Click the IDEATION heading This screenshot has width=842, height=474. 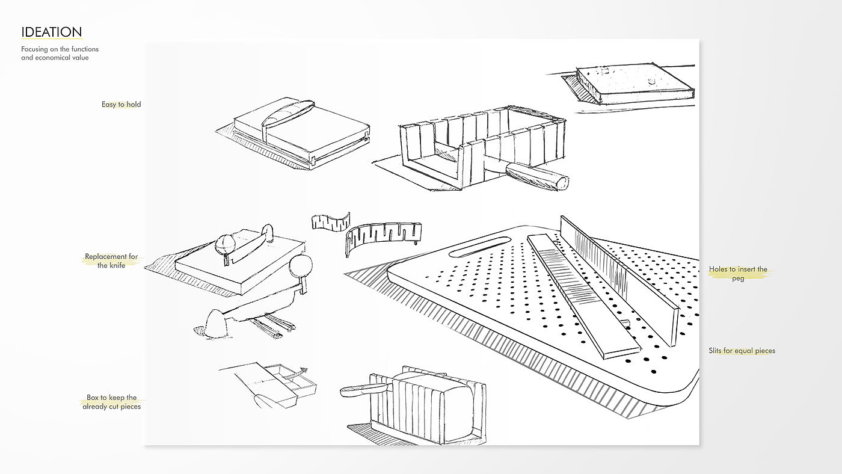tap(51, 32)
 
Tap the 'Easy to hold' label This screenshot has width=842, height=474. tap(121, 105)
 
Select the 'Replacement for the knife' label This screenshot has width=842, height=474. tap(111, 261)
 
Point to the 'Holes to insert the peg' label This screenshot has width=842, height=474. tap(738, 274)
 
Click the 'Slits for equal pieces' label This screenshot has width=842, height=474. tap(742, 351)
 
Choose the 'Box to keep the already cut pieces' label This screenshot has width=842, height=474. tap(111, 402)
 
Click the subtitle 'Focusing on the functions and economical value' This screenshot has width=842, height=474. tap(60, 53)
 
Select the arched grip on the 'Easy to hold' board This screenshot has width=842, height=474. tap(287, 112)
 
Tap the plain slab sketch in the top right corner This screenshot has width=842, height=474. tap(635, 85)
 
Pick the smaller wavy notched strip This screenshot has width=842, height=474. tap(330, 221)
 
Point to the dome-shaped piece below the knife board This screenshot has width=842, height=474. tap(216, 324)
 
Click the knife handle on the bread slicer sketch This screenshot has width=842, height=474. tap(358, 390)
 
